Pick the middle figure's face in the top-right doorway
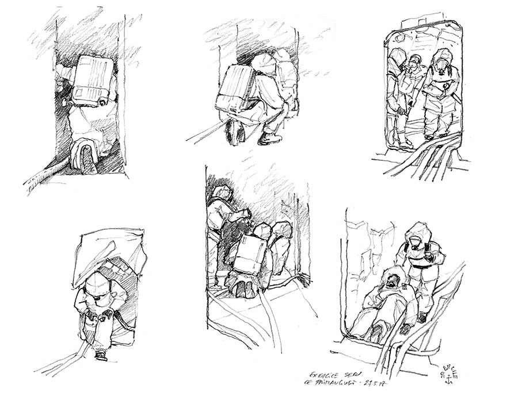coord(416,64)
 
